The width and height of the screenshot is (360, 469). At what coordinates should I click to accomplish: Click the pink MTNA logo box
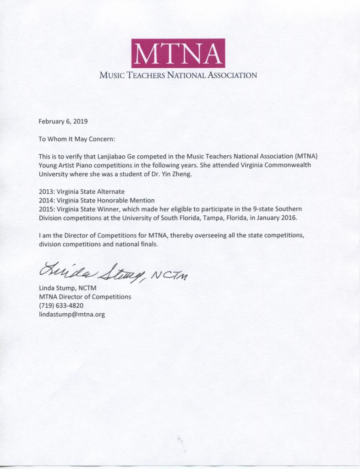tap(178, 53)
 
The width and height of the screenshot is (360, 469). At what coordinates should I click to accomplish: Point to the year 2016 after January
tap(289, 218)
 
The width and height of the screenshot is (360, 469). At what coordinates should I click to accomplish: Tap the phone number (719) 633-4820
tap(61, 305)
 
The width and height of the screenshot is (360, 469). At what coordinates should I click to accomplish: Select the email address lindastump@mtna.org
tap(72, 314)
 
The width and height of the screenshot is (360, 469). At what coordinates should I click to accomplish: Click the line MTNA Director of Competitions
tap(85, 297)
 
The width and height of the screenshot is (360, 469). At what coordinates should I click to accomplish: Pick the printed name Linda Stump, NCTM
tap(68, 288)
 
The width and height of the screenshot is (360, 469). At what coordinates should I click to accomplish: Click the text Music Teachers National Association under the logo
tap(178, 75)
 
